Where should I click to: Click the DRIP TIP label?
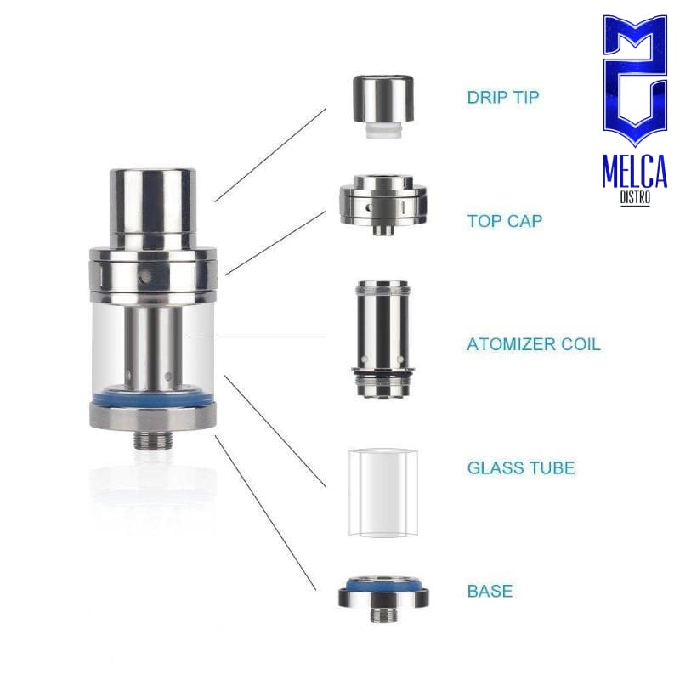point(503,97)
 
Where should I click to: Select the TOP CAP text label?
point(505,221)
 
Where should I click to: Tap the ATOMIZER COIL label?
point(534,344)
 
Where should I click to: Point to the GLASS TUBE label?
point(521,468)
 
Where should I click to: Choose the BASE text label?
point(490,591)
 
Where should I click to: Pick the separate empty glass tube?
point(383,493)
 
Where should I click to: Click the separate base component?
point(383,598)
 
